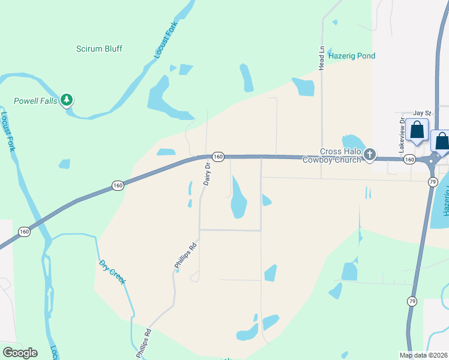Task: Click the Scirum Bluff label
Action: click(99, 49)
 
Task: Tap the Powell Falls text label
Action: click(36, 101)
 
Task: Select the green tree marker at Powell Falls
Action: click(68, 100)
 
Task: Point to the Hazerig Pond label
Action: click(352, 56)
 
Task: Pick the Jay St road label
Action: click(423, 113)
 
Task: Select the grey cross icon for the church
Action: click(370, 155)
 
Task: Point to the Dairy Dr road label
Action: click(206, 174)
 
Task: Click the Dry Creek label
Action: click(113, 272)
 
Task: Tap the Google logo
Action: click(20, 353)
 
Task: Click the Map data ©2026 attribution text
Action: click(424, 355)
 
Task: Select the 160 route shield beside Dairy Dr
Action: click(218, 157)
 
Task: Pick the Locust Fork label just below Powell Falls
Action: click(8, 131)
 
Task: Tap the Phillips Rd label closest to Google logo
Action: click(143, 343)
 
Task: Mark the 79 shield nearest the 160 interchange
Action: click(432, 181)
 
